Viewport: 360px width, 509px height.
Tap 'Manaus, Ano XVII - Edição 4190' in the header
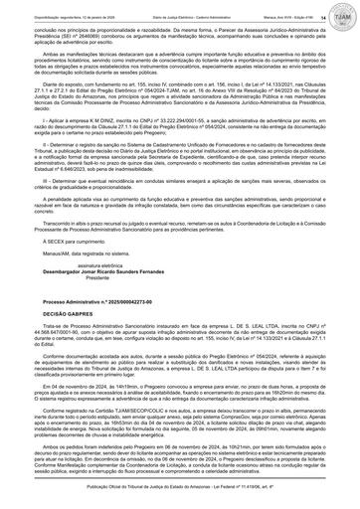(x=283, y=4)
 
